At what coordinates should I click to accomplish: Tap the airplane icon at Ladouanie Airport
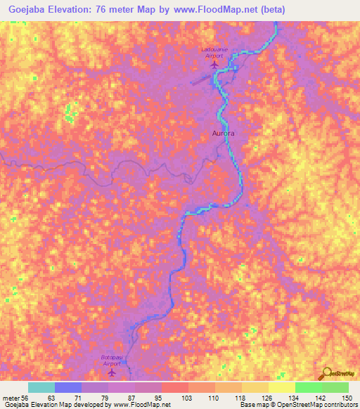point(215,66)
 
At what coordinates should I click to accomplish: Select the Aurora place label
point(222,132)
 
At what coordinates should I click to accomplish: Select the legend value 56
point(26,398)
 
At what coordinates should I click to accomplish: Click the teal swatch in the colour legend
point(41,387)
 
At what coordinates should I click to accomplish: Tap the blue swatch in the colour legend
point(67,387)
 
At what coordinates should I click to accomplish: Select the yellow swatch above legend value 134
point(281,387)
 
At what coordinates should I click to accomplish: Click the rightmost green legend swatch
point(335,387)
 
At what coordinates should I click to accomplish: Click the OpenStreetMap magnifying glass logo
point(326,374)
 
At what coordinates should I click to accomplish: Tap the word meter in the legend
point(11,398)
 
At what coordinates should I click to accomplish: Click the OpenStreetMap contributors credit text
point(318,405)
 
